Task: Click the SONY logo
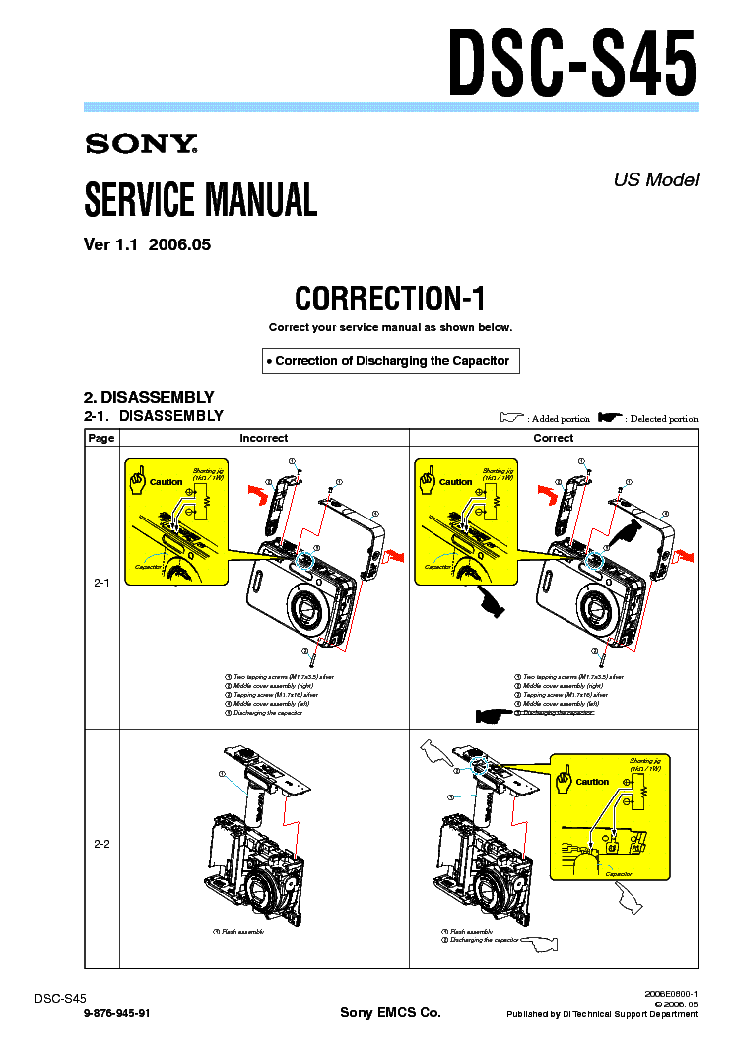141,145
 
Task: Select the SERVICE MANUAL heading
200,200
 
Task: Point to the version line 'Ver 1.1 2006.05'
147,245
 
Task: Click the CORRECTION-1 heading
390,298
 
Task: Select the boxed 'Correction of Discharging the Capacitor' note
391,361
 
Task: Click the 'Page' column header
100,438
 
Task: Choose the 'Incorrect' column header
263,438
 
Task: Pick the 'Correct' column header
553,438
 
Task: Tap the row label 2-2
100,845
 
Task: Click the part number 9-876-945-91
117,1013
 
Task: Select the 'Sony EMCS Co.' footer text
390,1013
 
